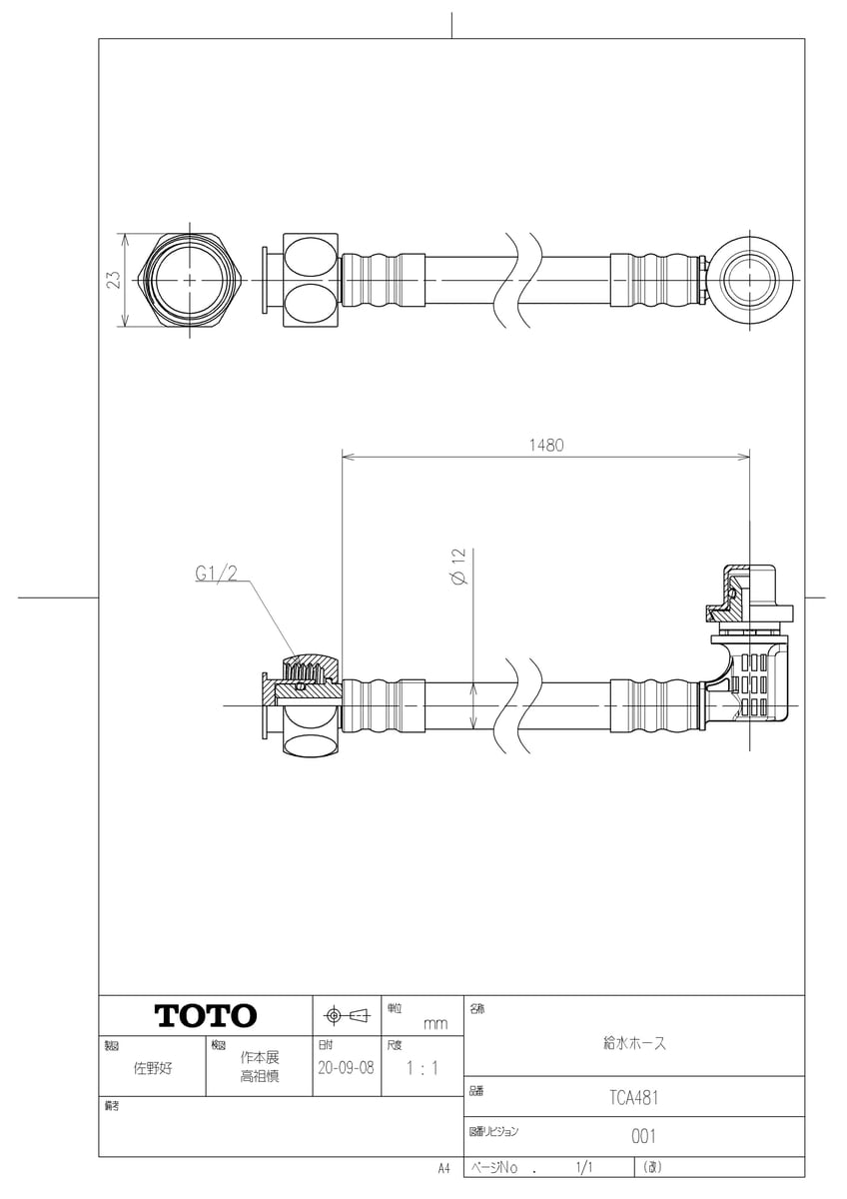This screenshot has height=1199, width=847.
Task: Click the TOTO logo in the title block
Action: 205,1016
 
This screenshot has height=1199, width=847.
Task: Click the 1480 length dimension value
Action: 546,446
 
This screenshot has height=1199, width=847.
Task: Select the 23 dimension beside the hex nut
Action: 114,281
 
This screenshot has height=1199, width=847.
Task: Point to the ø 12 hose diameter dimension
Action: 457,567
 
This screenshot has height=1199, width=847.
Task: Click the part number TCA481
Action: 633,1096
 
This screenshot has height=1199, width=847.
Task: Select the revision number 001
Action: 643,1136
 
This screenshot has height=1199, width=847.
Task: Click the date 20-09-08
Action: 346,1066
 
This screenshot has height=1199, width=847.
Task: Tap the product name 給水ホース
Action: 633,1043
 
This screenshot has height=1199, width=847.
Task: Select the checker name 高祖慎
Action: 260,1076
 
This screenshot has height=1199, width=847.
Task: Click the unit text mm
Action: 435,1023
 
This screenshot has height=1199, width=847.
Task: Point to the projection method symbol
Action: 346,1016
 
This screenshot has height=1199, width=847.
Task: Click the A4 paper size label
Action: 443,1167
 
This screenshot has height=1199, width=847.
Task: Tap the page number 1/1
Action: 584,1167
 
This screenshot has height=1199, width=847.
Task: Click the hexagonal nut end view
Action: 189,281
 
